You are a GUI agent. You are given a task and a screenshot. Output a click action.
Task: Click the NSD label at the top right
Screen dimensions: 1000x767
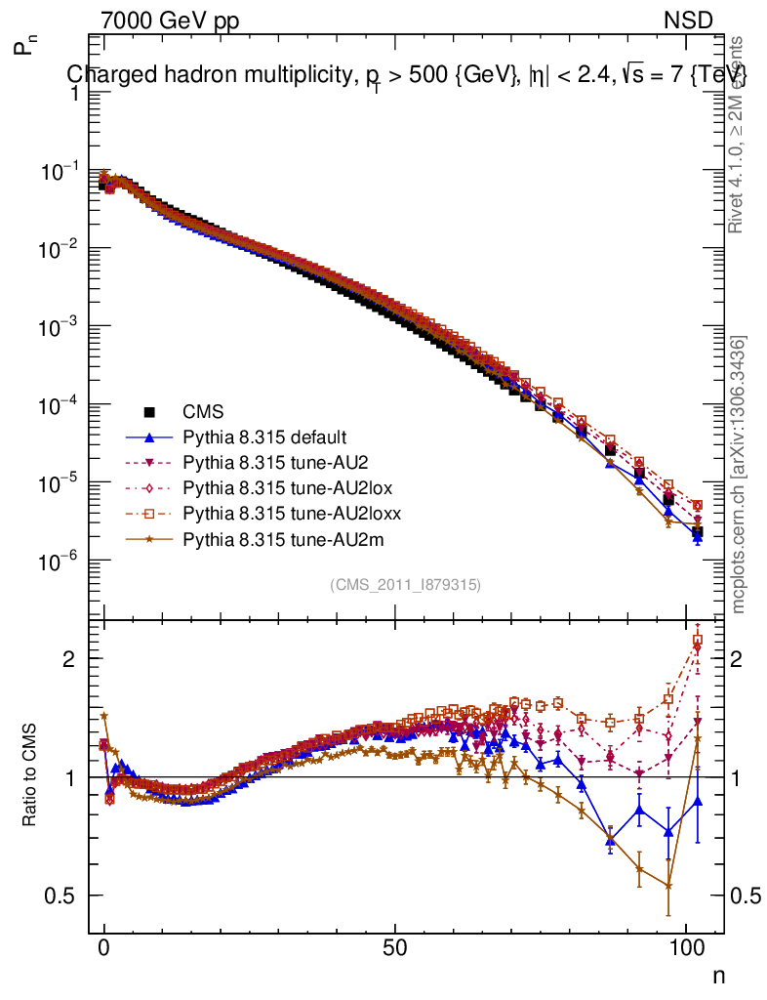coord(689,21)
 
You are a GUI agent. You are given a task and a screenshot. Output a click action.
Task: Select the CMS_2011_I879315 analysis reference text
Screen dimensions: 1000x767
coord(406,584)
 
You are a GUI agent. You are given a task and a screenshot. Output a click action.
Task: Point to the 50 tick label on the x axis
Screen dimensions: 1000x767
coord(395,951)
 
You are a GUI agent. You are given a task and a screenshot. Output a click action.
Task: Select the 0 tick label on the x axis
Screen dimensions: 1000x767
coord(104,951)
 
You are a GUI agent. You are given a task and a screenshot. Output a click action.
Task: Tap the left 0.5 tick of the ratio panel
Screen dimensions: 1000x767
coord(68,896)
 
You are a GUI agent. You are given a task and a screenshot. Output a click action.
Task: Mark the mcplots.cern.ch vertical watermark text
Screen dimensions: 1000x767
coord(740,475)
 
